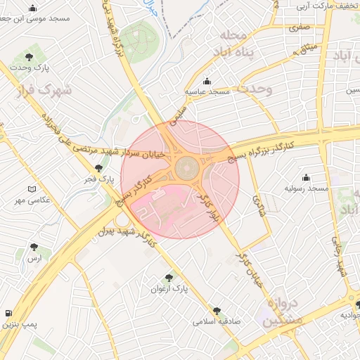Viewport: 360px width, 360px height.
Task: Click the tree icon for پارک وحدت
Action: pos(29,57)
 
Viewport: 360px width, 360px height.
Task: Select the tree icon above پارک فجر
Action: pos(98,168)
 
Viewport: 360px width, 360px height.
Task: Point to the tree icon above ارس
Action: pos(34,247)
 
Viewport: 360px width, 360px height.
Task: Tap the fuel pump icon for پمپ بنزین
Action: pos(8,312)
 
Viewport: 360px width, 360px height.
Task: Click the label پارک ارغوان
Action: pos(169,289)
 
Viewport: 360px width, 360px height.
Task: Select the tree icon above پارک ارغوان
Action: pos(168,277)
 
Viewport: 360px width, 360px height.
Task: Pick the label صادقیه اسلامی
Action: pos(217,321)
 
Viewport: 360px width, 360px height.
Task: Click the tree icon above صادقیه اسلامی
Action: pos(217,309)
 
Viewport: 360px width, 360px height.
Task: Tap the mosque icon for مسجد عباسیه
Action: pos(206,81)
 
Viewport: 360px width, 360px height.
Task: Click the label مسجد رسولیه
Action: pos(307,189)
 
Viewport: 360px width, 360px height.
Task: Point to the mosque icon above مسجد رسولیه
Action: pos(306,177)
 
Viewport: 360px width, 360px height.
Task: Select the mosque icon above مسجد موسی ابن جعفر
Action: pos(33,8)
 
